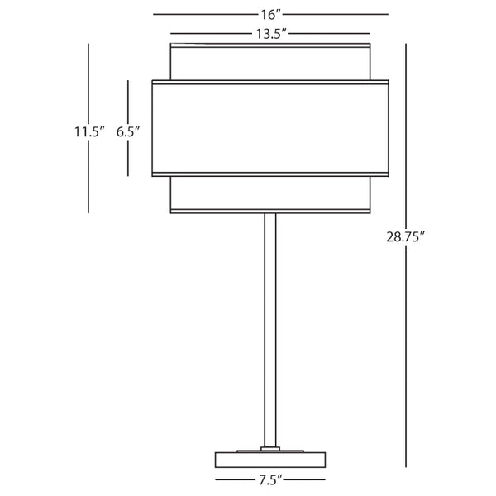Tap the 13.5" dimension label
(x=270, y=33)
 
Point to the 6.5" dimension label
(x=128, y=131)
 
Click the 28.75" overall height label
(x=404, y=239)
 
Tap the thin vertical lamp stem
(x=269, y=331)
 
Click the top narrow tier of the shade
(x=269, y=61)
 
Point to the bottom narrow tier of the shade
(x=269, y=193)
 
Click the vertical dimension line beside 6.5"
(x=127, y=99)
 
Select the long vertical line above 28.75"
(x=405, y=132)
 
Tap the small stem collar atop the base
(x=269, y=449)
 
